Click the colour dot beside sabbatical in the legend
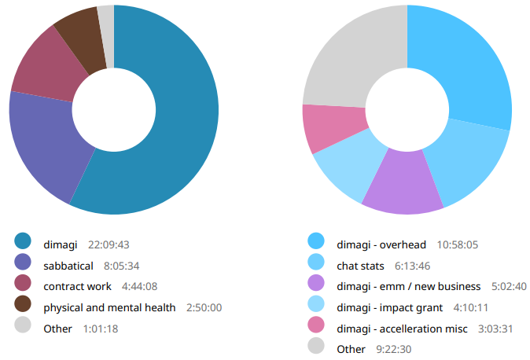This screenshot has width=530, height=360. point(23,265)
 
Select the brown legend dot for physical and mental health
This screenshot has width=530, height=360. point(23,307)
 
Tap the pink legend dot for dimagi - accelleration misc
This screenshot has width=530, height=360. point(316,328)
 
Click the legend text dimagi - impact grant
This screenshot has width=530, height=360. point(390,307)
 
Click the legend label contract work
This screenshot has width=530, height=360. point(77,286)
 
